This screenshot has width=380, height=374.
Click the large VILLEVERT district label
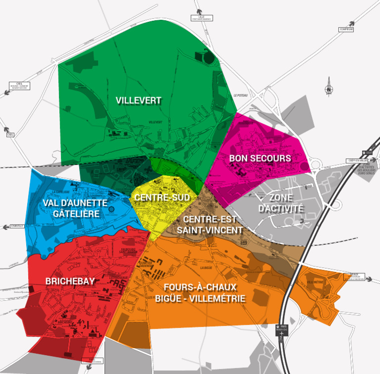click(139, 100)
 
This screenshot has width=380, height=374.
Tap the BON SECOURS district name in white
click(260, 158)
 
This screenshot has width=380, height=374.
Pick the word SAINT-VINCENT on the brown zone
click(213, 230)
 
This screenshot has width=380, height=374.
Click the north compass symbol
click(329, 88)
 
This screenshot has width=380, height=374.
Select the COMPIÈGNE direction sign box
click(347, 30)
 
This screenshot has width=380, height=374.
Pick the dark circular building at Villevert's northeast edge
click(209, 57)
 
